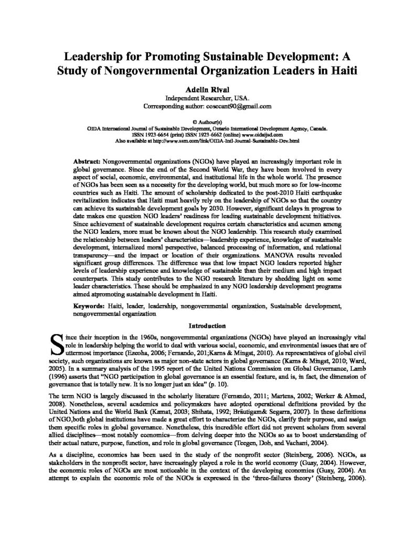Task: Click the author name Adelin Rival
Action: tap(207, 90)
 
